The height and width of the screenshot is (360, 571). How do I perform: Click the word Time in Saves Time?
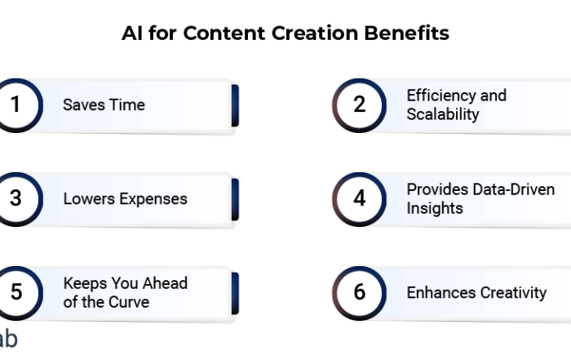coord(127,105)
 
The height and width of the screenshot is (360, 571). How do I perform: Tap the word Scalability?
coord(443,114)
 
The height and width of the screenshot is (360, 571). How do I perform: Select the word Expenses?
coord(153,199)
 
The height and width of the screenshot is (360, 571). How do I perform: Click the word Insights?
coord(435,208)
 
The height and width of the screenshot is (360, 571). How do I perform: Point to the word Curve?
coord(129,302)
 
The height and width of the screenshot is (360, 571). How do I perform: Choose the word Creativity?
coord(513,293)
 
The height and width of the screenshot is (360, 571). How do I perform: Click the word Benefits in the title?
coord(407,33)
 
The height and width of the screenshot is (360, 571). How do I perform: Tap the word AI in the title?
coord(132,33)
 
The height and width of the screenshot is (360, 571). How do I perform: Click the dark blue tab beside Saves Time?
coord(235,105)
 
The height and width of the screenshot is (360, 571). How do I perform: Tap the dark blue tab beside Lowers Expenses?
coord(235,200)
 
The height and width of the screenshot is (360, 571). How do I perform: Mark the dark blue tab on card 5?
coord(235,293)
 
